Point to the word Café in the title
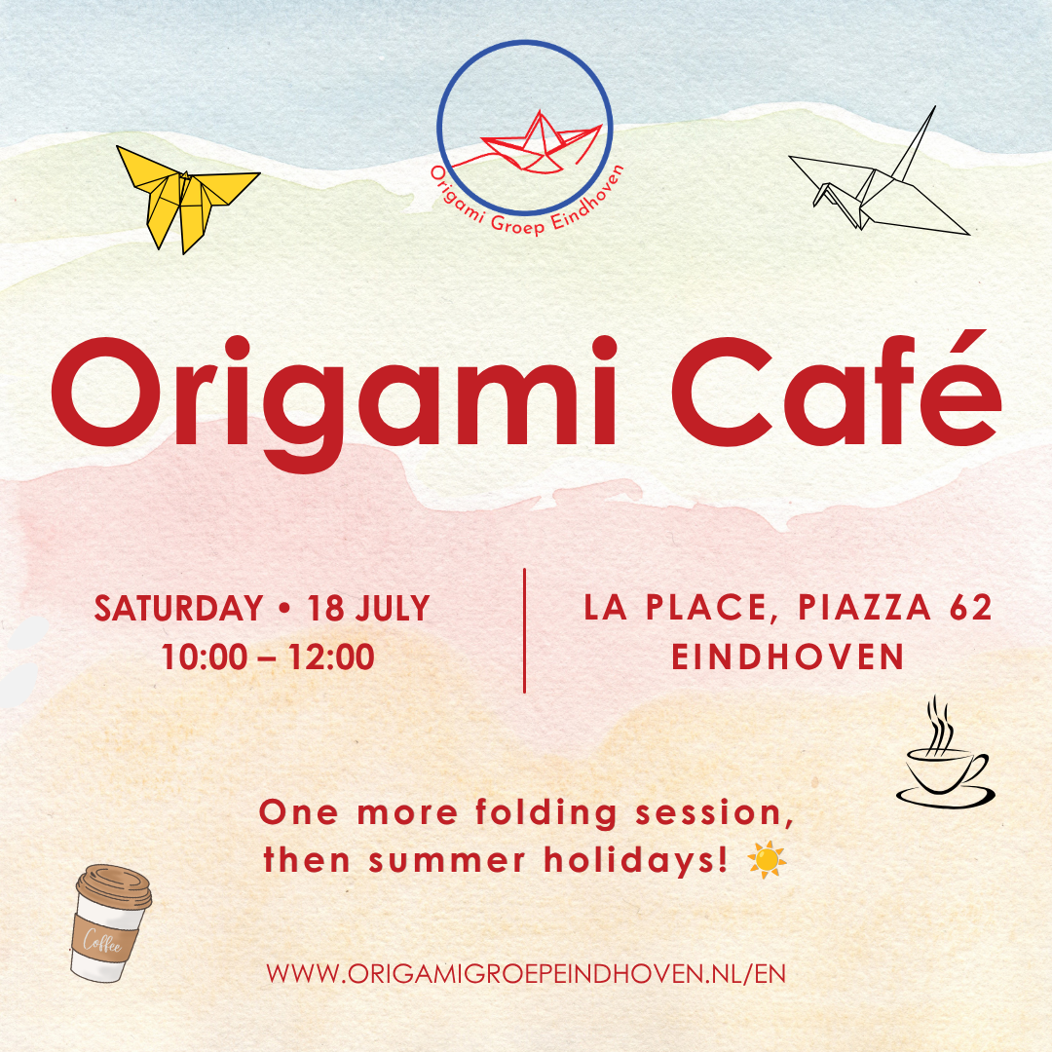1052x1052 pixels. [837, 389]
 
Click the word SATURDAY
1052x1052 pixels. [178, 609]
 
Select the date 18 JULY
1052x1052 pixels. [368, 609]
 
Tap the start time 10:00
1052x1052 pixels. [205, 657]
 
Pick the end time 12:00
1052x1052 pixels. [331, 657]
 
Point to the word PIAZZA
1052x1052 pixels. [864, 607]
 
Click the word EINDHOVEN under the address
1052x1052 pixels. [788, 657]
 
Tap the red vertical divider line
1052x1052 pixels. [524, 630]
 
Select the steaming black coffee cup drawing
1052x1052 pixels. [945, 758]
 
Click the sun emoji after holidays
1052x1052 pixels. [767, 859]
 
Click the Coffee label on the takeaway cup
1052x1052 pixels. [104, 941]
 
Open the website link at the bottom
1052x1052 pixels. [525, 974]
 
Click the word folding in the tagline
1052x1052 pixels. [546, 812]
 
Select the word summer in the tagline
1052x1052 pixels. [447, 861]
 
